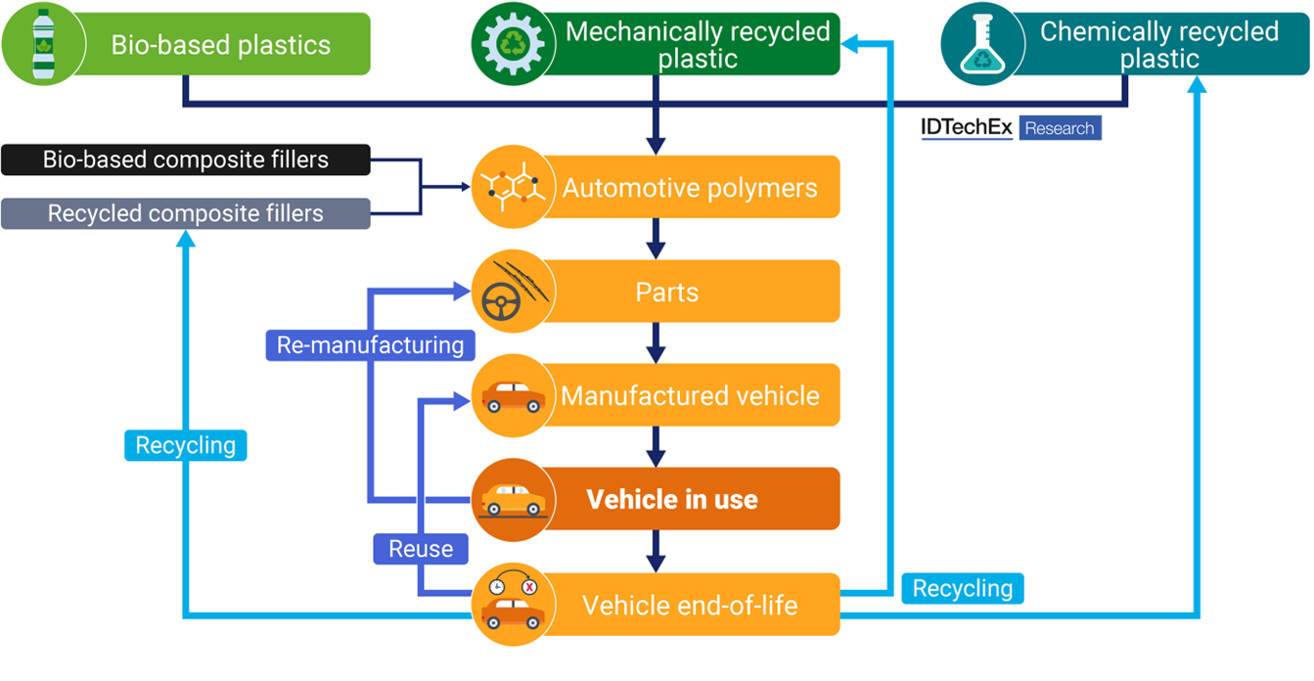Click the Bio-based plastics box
220,44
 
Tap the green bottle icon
43,44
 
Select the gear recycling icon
513,44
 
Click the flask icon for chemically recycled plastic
981,44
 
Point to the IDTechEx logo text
967,128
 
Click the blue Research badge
1060,128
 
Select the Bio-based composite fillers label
186,159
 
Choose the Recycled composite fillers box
186,213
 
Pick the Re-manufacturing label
370,345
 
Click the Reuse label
421,549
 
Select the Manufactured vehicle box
689,395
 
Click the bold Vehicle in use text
672,500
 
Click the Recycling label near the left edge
186,445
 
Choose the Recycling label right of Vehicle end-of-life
963,589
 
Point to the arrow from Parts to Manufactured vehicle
656,342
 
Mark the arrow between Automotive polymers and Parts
656,238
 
